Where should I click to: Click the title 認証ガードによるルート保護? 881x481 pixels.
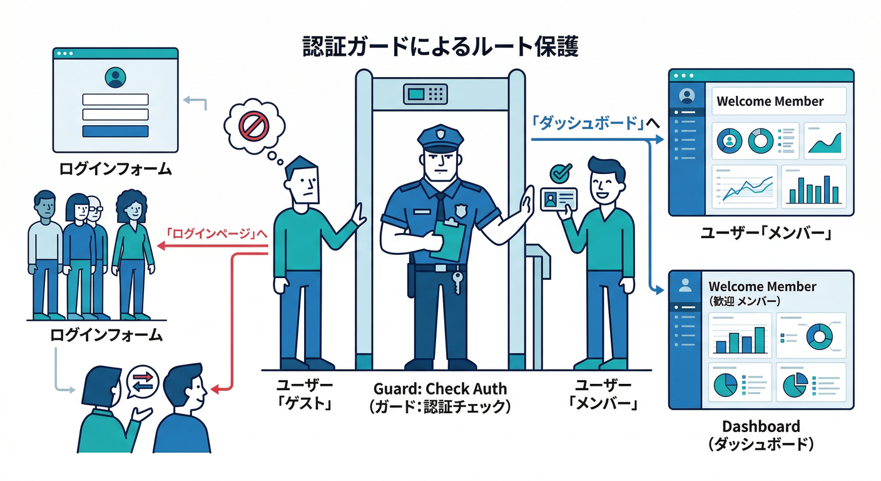point(440,47)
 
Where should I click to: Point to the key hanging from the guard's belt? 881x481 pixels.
point(457,282)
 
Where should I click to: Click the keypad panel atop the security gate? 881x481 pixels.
point(427,95)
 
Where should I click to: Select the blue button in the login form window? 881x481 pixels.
point(115,131)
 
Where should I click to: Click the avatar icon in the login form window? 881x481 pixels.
point(115,78)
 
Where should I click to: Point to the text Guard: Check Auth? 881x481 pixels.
point(440,388)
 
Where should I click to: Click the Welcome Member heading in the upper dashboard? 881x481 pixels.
point(770,101)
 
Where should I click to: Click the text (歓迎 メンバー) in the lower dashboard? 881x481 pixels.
point(745,301)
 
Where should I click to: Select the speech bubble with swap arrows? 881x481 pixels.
point(143,381)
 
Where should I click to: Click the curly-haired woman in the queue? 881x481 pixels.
point(132,251)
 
